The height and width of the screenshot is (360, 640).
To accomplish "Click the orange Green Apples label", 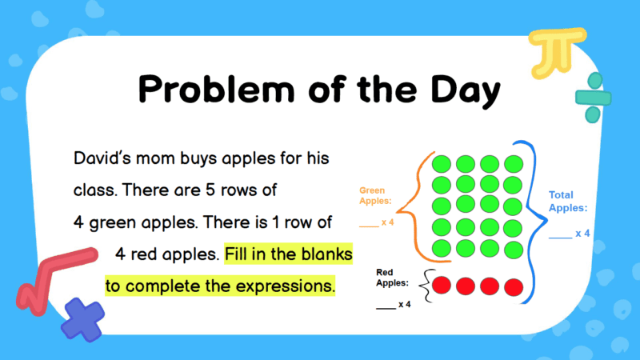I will [x=372, y=196].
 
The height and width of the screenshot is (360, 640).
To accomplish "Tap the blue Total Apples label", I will [x=568, y=201].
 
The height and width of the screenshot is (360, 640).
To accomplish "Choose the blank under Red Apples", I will [x=385, y=306].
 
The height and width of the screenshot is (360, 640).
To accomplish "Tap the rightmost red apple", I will [x=514, y=286].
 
